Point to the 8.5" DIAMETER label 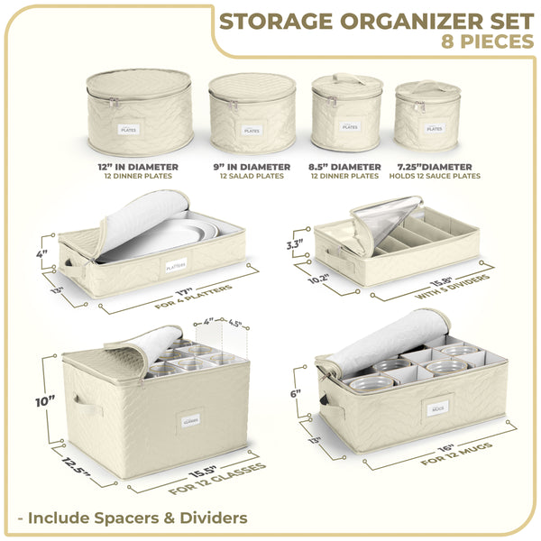coord(350,167)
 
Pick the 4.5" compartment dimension coord(236,322)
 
